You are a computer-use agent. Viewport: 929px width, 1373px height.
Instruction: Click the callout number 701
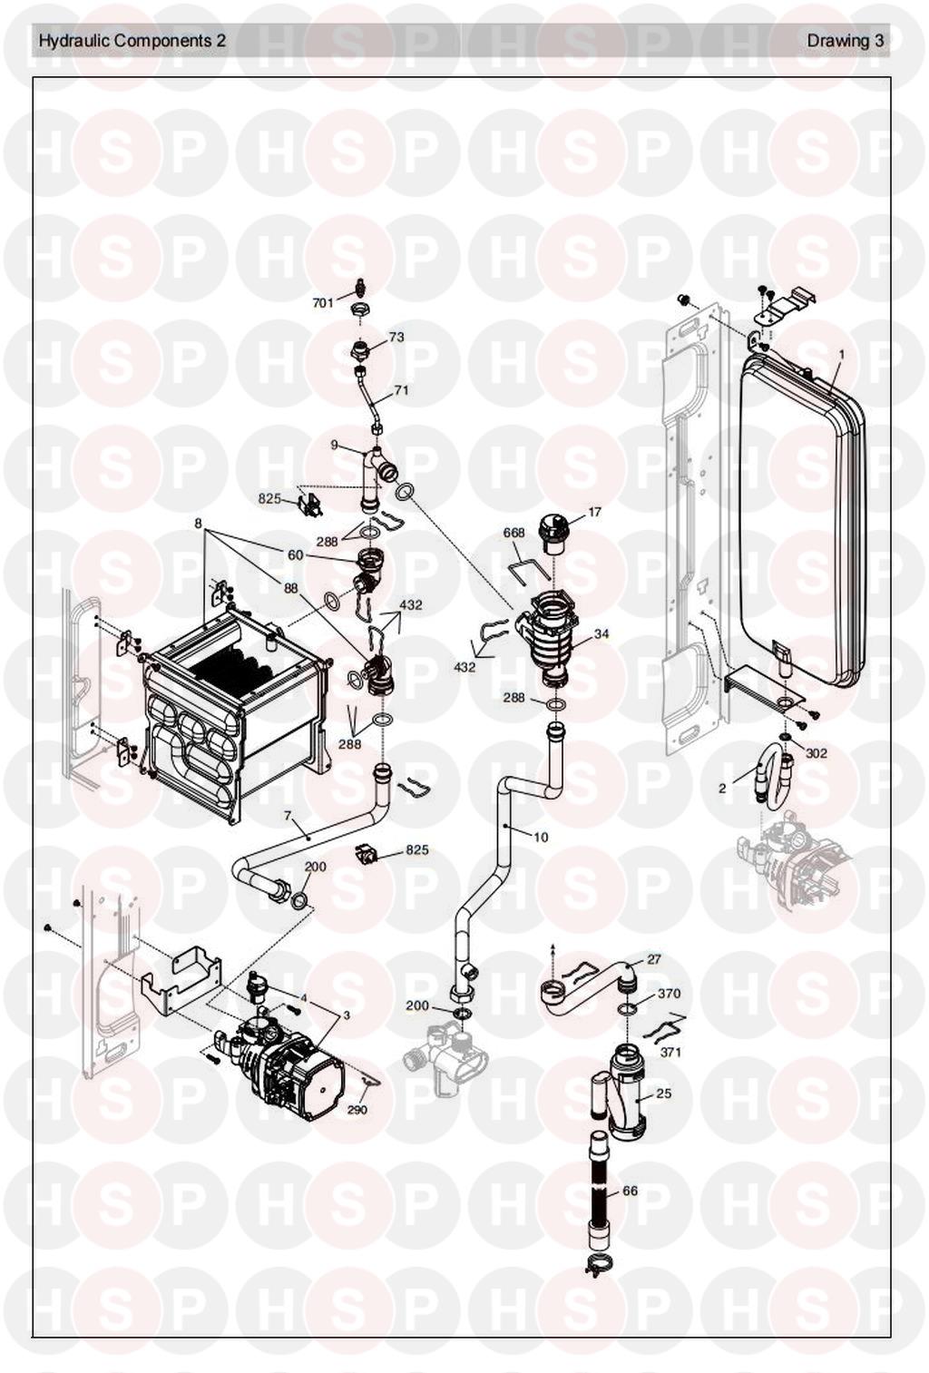coord(323,303)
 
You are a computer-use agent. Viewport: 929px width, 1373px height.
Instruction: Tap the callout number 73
coord(396,337)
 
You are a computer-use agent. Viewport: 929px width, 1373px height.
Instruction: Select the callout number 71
coord(401,391)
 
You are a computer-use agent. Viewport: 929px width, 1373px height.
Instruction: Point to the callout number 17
coord(595,513)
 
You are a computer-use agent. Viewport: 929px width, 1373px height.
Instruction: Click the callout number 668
coord(514,534)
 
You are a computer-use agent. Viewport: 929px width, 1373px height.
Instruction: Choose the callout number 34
coord(601,634)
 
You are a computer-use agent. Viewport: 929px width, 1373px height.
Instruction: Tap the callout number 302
coord(817,753)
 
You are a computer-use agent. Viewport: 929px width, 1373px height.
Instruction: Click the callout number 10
coord(541,837)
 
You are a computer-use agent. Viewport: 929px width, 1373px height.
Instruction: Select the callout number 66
coord(630,1191)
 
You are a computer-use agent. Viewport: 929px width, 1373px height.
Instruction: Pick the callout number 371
coord(670,1052)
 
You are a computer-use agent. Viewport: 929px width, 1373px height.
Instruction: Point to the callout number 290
coord(357,1109)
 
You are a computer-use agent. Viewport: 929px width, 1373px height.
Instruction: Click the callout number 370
coord(669,994)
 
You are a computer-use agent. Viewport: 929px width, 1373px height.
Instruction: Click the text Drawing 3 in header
coord(845,41)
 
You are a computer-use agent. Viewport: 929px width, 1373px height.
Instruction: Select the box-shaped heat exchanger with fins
coord(231,708)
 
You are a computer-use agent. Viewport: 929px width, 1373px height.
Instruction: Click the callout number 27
coord(654,959)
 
